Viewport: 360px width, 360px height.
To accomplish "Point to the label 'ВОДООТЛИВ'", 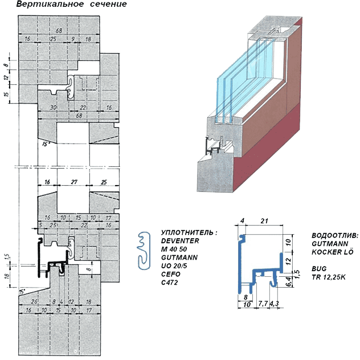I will pyautogui.click(x=334, y=235).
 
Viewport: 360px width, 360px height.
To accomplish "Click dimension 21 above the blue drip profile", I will pyautogui.click(x=263, y=221).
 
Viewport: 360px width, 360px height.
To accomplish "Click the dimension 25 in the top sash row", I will pyautogui.click(x=52, y=39).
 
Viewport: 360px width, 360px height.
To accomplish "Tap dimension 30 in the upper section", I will pyautogui.click(x=53, y=107).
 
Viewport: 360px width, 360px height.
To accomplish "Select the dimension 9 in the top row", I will pyautogui.click(x=73, y=39).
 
